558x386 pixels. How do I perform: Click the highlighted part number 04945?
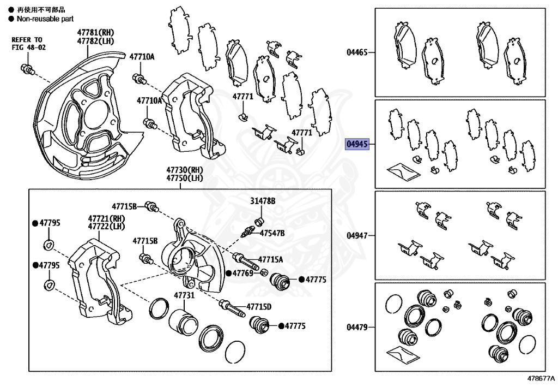click(x=357, y=145)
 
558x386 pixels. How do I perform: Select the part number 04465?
click(x=357, y=53)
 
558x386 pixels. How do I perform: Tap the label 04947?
click(x=357, y=236)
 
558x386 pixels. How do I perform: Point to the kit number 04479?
click(x=357, y=328)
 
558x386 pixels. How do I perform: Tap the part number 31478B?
click(x=263, y=201)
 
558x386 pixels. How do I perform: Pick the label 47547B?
click(x=272, y=233)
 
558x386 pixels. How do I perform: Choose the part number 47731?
click(x=184, y=295)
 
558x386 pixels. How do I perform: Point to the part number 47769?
click(x=242, y=272)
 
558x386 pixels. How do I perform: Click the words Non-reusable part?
click(x=41, y=18)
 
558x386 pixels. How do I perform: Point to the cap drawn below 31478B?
click(x=259, y=221)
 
